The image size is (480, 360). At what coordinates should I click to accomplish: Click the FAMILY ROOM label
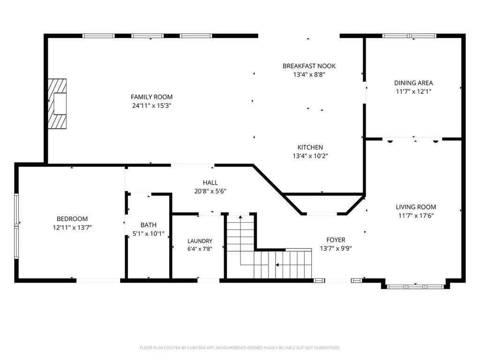pos(151,97)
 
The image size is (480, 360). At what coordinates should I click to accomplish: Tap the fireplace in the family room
pos(57,104)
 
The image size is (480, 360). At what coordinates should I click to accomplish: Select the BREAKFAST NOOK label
pos(309,66)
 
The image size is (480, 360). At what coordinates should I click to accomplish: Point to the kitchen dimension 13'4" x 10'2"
pos(310,156)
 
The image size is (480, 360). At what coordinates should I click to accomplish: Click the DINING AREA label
pos(413,82)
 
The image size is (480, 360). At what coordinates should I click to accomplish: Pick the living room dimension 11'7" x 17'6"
pos(416,216)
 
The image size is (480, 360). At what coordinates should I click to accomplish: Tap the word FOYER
pos(336,240)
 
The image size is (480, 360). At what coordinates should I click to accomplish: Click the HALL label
pos(210,183)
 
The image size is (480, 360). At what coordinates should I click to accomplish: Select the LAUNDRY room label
pos(200,241)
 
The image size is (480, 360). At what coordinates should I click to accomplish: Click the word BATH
pos(149,225)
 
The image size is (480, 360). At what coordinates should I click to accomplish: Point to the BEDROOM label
pos(72,219)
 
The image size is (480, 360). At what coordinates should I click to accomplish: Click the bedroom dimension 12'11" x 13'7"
pos(72,227)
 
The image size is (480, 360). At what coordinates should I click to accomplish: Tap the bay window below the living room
pos(415,286)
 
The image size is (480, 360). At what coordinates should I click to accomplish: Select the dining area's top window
pos(409,36)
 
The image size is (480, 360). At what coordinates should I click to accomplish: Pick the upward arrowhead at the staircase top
pos(240,217)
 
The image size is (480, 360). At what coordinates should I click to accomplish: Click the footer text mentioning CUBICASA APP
pos(240,348)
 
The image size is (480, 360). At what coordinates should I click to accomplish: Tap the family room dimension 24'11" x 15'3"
pos(151,105)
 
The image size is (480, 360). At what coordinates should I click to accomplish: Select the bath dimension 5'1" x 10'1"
pos(149,234)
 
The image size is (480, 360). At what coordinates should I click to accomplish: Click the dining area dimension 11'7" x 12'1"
pos(413,91)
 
